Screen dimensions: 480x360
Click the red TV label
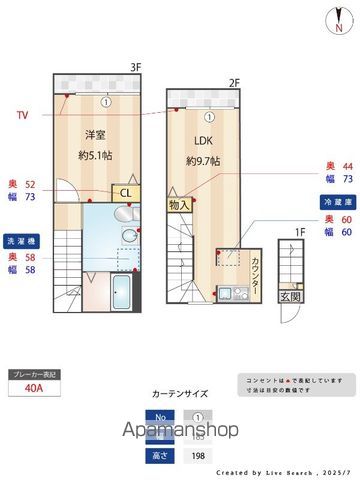pyautogui.click(x=22, y=116)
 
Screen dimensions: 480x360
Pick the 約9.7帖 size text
pyautogui.click(x=202, y=162)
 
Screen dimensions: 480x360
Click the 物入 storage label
pyautogui.click(x=179, y=204)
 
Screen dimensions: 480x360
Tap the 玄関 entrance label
pyautogui.click(x=288, y=296)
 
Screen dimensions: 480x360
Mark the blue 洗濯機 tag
pyautogui.click(x=21, y=242)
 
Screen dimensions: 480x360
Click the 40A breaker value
pyautogui.click(x=33, y=390)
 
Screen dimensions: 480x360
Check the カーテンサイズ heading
pyautogui.click(x=179, y=394)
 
